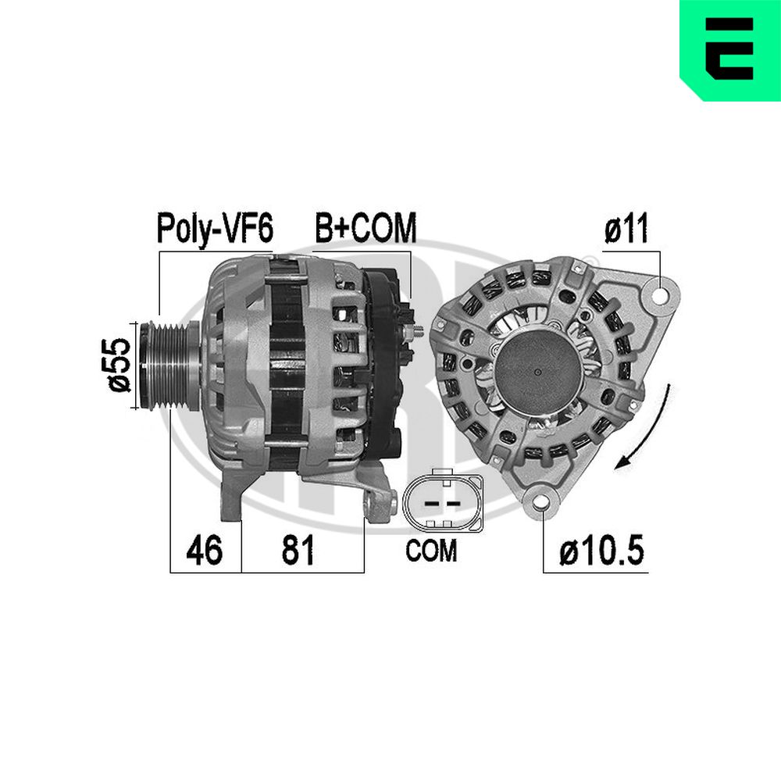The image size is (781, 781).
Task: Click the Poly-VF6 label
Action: (216, 229)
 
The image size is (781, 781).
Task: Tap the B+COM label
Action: (366, 227)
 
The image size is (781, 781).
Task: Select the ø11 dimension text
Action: (627, 227)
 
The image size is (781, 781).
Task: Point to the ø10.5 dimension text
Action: (602, 550)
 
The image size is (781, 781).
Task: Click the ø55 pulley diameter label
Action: (119, 364)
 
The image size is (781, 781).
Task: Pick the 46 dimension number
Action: (204, 550)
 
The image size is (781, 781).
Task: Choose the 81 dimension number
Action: (298, 550)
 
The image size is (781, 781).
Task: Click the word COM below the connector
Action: (431, 551)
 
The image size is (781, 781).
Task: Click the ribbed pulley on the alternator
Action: (169, 366)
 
